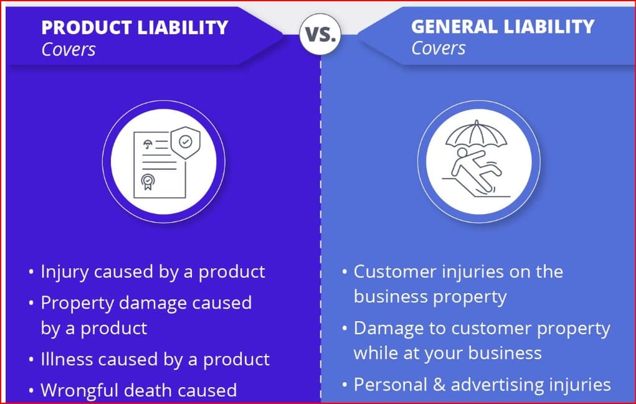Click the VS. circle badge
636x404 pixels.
tap(320, 34)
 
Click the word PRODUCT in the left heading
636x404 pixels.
tap(87, 27)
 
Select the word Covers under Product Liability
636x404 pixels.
tap(69, 50)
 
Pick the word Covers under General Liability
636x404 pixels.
tap(439, 49)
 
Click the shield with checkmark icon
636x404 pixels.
tap(186, 142)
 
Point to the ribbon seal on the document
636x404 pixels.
tap(148, 182)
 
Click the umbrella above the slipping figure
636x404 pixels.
tap(476, 134)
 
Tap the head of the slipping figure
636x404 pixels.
tap(462, 153)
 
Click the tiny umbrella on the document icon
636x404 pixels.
tap(148, 144)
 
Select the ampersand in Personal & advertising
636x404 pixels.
tap(439, 385)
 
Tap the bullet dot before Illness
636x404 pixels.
tap(31, 359)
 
